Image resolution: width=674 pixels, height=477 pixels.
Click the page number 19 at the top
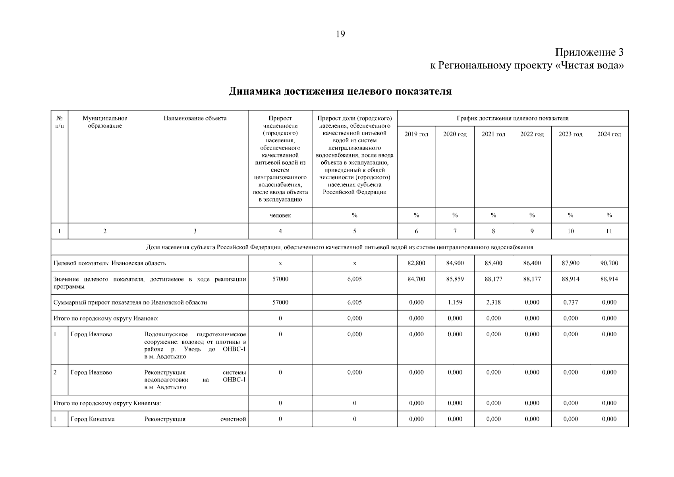point(340,34)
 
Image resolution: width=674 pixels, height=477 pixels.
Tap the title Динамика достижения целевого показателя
point(340,91)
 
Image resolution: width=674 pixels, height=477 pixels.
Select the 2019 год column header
point(416,134)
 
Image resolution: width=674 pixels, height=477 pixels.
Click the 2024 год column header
point(609,134)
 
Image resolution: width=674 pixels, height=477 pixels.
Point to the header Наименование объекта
point(195,118)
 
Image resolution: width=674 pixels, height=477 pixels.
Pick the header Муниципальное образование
point(105,122)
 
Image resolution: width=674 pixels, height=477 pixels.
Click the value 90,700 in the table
point(609,263)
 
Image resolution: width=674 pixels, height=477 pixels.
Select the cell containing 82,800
point(416,263)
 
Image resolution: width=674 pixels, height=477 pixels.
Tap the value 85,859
point(455,279)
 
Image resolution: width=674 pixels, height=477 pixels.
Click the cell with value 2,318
point(493,302)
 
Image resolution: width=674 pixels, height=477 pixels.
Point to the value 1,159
point(455,302)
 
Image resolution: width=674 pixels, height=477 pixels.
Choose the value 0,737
point(570,302)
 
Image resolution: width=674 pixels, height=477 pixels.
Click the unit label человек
point(280,215)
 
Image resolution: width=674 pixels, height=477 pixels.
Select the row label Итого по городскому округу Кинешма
point(107,403)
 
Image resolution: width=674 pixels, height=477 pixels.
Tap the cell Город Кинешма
point(93,419)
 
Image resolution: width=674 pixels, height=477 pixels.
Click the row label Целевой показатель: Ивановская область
point(110,263)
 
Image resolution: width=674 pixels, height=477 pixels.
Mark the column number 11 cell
point(609,231)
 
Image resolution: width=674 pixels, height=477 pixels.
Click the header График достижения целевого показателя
point(512,118)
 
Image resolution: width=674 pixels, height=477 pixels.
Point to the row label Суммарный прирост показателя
point(130,302)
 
